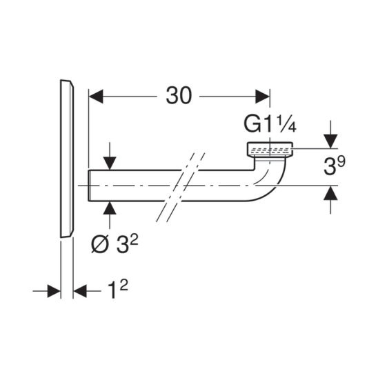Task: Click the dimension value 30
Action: click(179, 96)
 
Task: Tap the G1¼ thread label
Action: click(270, 123)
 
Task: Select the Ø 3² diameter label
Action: click(115, 244)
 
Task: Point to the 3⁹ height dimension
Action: click(335, 166)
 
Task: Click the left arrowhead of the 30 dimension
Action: click(96, 97)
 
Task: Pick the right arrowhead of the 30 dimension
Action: click(263, 97)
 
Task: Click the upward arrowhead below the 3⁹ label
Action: click(330, 193)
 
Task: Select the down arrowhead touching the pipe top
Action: click(110, 163)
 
